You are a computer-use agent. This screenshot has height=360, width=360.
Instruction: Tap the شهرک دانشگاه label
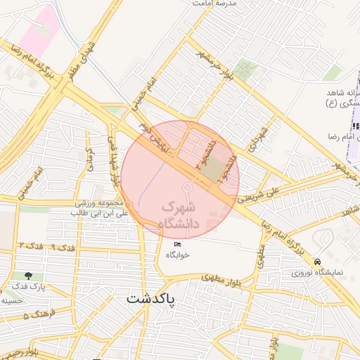[181, 216]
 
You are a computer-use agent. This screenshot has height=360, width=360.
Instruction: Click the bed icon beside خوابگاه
[176, 243]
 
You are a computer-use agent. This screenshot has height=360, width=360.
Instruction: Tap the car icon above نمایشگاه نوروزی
[319, 259]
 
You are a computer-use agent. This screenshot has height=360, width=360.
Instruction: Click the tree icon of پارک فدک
[28, 276]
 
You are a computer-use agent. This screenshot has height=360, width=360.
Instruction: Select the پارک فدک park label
[28, 288]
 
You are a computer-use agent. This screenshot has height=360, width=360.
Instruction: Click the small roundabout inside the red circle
[188, 187]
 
